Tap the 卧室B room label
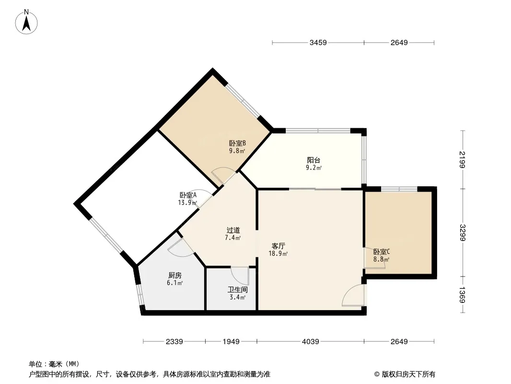237,143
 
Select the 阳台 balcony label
314,160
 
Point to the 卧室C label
382,252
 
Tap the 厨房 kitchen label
175,276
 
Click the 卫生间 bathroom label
237,290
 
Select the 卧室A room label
188,195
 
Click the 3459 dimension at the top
318,43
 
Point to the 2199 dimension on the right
462,160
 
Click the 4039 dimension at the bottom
310,341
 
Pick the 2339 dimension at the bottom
174,341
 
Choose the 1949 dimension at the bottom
231,341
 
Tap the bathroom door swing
240,276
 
